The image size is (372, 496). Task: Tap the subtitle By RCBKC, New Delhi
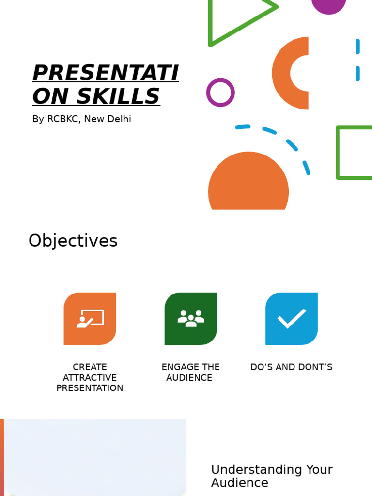[x=81, y=119]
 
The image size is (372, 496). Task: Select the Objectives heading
[x=73, y=241]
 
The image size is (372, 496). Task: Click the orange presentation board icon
[x=90, y=319]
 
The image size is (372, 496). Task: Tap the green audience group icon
[x=191, y=319]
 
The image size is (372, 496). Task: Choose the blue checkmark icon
[x=292, y=319]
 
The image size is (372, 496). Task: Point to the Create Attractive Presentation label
[x=90, y=377]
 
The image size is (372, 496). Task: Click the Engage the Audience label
[x=190, y=372]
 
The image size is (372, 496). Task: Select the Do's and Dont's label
[x=291, y=367]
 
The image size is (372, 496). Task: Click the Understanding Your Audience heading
[x=271, y=476]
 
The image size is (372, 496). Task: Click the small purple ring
[x=220, y=93]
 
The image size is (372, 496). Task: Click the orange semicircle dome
[x=248, y=184]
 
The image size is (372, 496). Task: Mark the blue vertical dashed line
[x=357, y=60]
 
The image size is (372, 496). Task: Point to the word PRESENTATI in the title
[x=106, y=73]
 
